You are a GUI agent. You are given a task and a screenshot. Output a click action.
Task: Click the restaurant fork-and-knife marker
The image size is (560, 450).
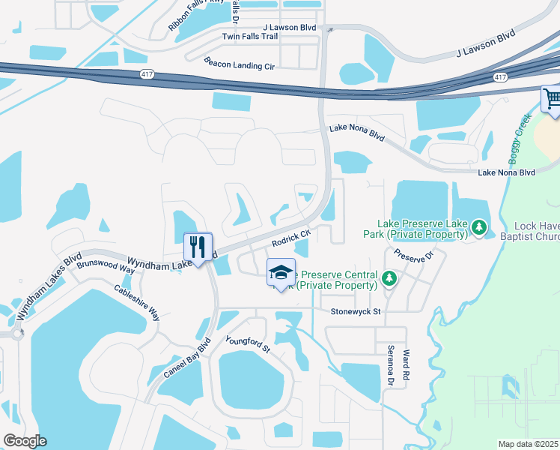click(x=198, y=247)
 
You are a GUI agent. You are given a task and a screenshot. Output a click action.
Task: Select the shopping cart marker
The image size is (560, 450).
click(x=552, y=100)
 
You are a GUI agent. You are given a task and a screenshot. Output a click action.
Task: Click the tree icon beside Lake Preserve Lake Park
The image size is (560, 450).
click(x=478, y=226)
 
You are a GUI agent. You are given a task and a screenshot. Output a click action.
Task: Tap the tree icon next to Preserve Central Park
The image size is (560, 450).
click(x=389, y=279)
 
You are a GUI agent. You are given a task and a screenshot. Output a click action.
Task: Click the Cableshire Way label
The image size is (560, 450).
click(x=137, y=302)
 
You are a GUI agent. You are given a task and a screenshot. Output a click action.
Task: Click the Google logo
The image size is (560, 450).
click(x=25, y=441)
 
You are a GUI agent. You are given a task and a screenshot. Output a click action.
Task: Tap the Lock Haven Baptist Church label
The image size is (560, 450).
click(x=536, y=232)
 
